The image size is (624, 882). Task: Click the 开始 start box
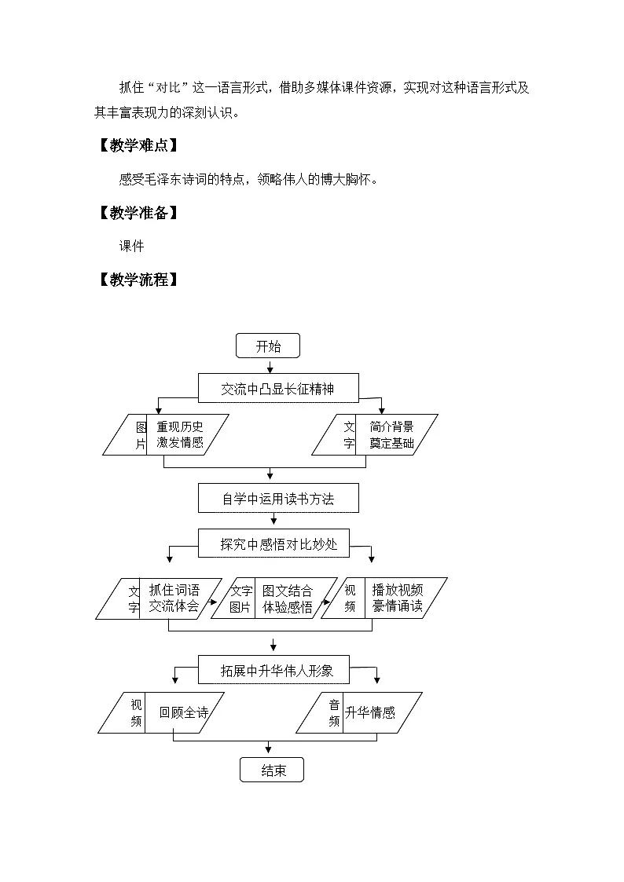pos(268,346)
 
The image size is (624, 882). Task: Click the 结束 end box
pos(272,770)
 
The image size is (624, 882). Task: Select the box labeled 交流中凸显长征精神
pos(278,388)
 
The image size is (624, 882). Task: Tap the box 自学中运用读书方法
pos(278,499)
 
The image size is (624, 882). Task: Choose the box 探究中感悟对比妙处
pos(273,543)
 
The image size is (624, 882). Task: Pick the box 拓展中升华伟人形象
pos(273,670)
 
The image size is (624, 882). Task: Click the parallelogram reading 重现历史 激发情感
pos(166,435)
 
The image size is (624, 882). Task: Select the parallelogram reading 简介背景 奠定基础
pos(375,435)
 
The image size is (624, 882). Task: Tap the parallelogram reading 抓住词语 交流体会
pos(159,598)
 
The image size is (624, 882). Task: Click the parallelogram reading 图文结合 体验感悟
pos(274,598)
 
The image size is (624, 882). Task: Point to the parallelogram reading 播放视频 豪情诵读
pos(384,598)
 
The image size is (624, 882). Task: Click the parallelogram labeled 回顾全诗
pos(161,712)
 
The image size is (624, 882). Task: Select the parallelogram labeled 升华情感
pos(359,712)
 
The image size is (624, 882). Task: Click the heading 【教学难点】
pos(138,145)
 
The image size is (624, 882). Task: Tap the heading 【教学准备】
pos(138,213)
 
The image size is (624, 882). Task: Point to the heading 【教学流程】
pos(138,280)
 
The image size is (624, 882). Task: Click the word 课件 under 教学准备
pos(132,246)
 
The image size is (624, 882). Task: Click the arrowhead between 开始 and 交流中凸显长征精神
pos(270,370)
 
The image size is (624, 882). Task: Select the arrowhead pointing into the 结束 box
pos(269,750)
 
